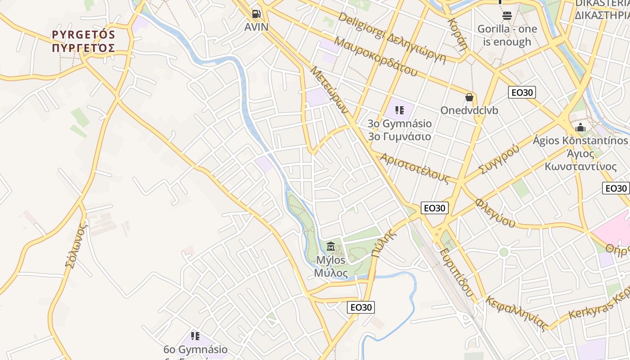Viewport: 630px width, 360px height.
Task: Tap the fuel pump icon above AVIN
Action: (256, 14)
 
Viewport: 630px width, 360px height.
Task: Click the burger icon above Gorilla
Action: (507, 16)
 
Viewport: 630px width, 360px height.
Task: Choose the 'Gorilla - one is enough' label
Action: (507, 36)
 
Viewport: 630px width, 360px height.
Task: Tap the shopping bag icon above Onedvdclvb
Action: (469, 97)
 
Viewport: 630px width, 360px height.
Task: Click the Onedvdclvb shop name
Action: (469, 110)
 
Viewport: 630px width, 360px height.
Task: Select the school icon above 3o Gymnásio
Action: (399, 110)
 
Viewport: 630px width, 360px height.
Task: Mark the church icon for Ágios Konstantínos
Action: (580, 127)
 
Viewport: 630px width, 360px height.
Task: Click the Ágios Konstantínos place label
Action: (580, 153)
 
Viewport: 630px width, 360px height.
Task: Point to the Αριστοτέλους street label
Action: (414, 168)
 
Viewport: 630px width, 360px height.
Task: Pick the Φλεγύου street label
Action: (495, 212)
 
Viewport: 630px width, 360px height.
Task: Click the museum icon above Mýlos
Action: (331, 246)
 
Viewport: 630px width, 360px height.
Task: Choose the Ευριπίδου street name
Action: (457, 273)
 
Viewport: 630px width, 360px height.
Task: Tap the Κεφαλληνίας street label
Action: (517, 313)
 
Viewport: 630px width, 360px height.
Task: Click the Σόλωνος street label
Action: (75, 246)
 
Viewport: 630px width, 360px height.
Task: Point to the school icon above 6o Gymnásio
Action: (195, 336)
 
